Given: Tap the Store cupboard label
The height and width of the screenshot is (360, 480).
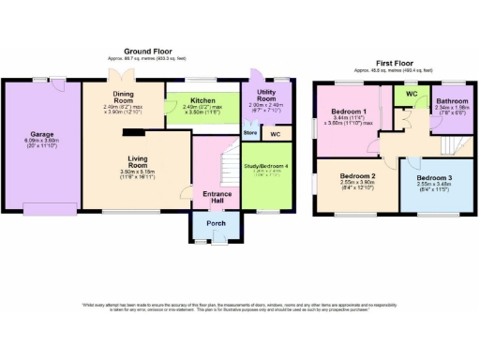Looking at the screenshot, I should [x=250, y=133].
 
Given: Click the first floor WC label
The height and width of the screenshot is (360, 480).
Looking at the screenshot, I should [x=409, y=95].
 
